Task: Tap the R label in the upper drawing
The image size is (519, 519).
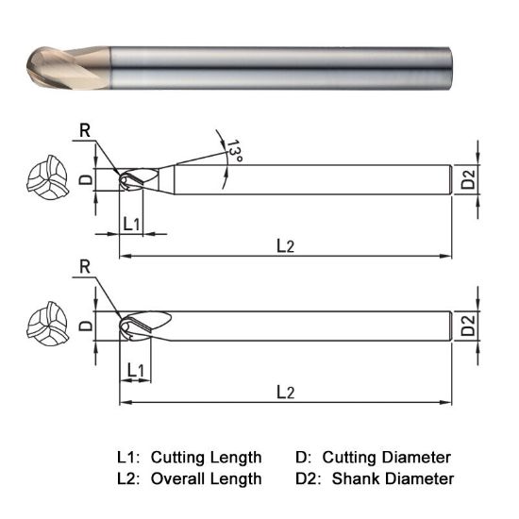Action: click(x=85, y=131)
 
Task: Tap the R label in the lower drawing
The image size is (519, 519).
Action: click(x=85, y=270)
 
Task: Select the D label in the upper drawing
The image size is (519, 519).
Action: click(x=85, y=179)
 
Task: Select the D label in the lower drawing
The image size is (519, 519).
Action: click(x=85, y=325)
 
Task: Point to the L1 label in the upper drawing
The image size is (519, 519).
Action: click(x=133, y=224)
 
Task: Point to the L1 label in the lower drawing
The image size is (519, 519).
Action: click(x=135, y=371)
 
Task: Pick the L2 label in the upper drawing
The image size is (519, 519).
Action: click(x=286, y=245)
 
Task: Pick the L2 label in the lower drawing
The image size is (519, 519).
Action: click(x=286, y=390)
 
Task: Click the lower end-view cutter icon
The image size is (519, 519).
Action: click(x=43, y=326)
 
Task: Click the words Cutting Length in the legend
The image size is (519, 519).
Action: click(x=206, y=458)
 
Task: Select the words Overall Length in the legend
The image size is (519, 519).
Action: click(x=206, y=478)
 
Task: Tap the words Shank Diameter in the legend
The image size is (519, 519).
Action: click(x=393, y=478)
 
